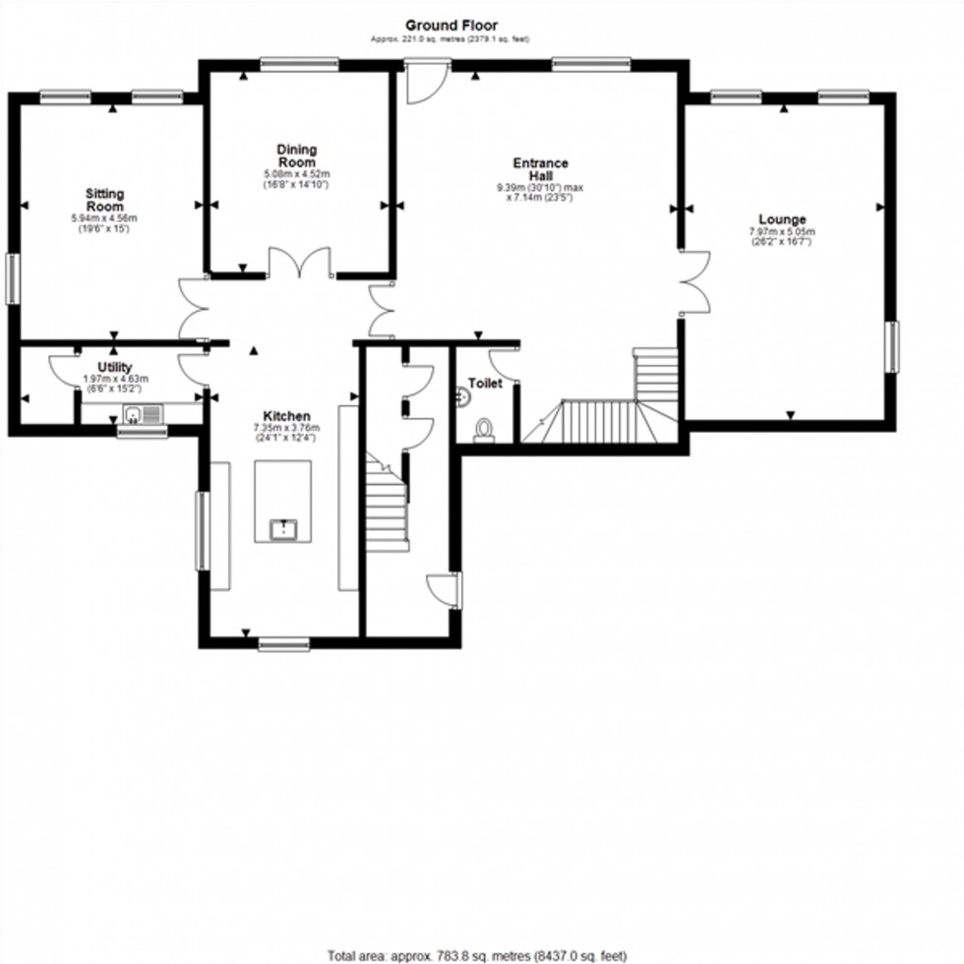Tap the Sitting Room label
pyautogui.click(x=104, y=201)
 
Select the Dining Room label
pyautogui.click(x=296, y=156)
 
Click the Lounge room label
pyautogui.click(x=782, y=219)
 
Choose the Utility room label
pyautogui.click(x=114, y=367)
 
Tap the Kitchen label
pyautogui.click(x=285, y=416)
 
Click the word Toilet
pyautogui.click(x=485, y=384)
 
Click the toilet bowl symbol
pyautogui.click(x=484, y=430)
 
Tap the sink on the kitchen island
pyautogui.click(x=283, y=530)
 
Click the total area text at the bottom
pyautogui.click(x=477, y=955)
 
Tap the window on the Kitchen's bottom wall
pyautogui.click(x=283, y=645)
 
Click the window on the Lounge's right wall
pyautogui.click(x=892, y=347)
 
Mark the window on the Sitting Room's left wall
pyautogui.click(x=13, y=278)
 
